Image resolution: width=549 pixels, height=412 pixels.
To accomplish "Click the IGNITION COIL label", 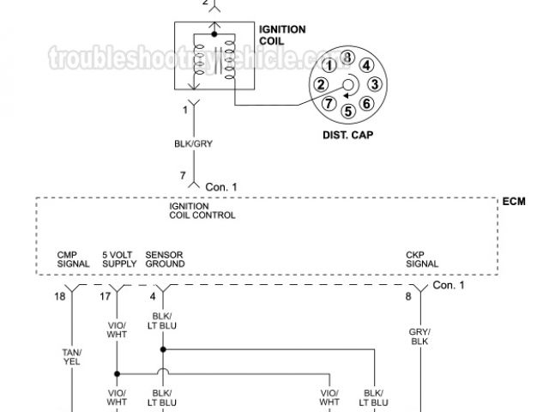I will (x=282, y=35).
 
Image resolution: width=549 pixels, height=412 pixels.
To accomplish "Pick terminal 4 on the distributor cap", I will (x=365, y=64).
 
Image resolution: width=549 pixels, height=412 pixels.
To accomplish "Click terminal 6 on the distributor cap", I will (x=366, y=104).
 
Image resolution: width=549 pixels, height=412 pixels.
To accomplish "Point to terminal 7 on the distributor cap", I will (x=329, y=104).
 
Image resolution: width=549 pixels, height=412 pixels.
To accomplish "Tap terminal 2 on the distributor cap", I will (x=320, y=84).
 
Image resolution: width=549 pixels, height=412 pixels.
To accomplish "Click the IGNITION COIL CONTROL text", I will (x=202, y=210).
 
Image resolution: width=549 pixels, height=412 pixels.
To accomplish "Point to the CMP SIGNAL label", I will (x=73, y=258).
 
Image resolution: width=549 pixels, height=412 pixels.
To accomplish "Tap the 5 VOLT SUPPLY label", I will (x=119, y=258).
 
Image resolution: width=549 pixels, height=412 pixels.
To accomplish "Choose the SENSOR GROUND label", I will (x=165, y=258).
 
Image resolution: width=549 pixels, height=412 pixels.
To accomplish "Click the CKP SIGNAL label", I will (x=422, y=258).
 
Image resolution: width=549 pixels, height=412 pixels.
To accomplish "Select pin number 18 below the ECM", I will (x=58, y=297).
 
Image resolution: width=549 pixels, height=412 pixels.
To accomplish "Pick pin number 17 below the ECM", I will (x=105, y=297).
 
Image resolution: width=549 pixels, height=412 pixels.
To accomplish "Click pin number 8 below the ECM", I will (x=407, y=297).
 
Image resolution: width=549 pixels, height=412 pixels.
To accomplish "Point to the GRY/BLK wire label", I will (x=420, y=336).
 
